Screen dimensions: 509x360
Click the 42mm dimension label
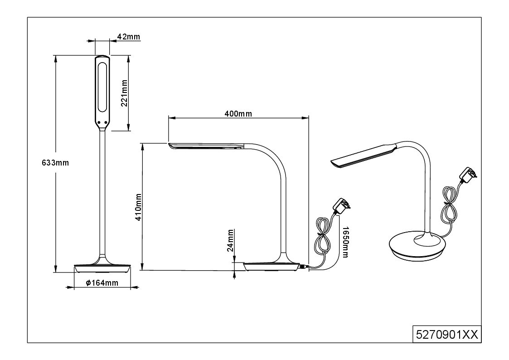[129, 37]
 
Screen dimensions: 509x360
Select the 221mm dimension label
[124, 93]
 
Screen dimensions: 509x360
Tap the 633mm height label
[55, 163]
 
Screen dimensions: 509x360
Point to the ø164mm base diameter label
[102, 283]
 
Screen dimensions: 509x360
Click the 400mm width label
[238, 114]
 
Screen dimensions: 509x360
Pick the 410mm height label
[138, 207]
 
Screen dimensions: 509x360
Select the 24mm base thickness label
[230, 241]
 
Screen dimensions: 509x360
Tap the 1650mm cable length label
[345, 242]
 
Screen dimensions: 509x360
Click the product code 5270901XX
[447, 334]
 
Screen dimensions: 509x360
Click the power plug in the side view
[341, 206]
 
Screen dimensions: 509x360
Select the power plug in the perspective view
[468, 175]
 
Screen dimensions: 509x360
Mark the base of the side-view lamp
[271, 267]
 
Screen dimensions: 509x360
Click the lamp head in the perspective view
[363, 156]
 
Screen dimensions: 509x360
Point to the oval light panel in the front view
[102, 87]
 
